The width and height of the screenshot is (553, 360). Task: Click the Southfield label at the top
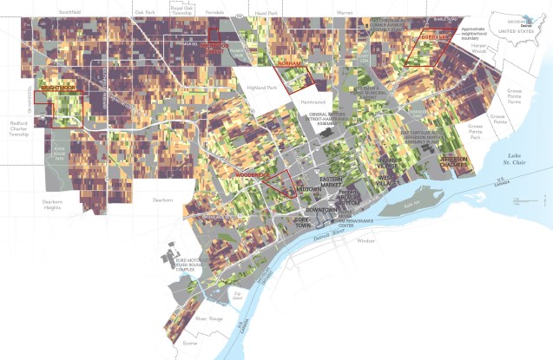69,12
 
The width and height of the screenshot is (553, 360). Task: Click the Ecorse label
190,343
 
